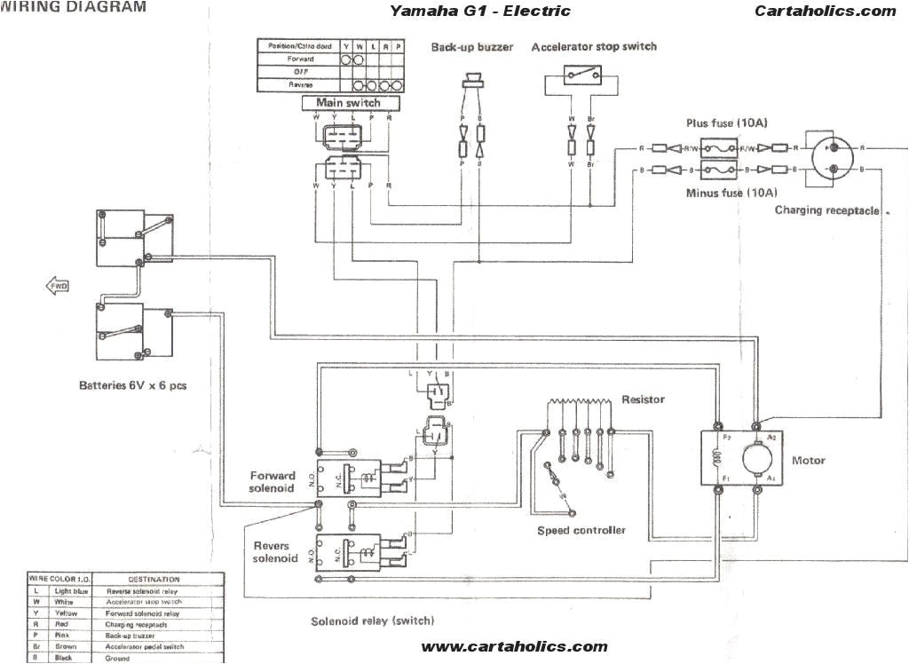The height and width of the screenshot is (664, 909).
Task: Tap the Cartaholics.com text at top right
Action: (x=826, y=12)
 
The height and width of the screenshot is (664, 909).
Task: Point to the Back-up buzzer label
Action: (x=472, y=47)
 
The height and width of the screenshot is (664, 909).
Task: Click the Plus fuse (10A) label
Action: (x=722, y=123)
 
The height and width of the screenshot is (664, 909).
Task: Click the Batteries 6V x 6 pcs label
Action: (x=132, y=386)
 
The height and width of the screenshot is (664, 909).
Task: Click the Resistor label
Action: (x=643, y=400)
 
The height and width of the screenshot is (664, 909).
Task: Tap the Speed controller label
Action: (x=581, y=530)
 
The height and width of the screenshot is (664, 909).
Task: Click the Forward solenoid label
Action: (x=273, y=481)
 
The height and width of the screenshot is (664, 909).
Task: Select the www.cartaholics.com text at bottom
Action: (x=514, y=647)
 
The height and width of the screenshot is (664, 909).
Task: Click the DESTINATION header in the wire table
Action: (x=154, y=580)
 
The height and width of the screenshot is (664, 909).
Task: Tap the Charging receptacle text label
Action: (x=826, y=210)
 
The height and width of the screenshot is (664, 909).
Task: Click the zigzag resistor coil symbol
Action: (x=578, y=405)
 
